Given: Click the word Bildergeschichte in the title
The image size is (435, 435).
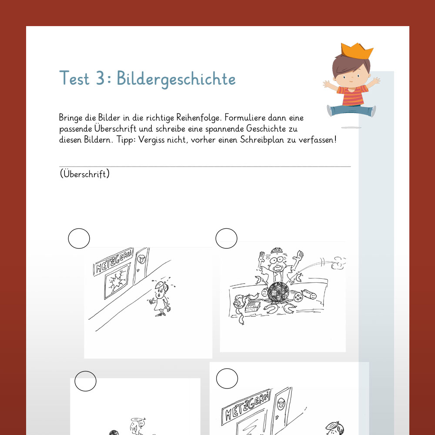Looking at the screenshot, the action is pyautogui.click(x=176, y=79).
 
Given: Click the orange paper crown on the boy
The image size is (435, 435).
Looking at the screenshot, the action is pyautogui.click(x=357, y=51).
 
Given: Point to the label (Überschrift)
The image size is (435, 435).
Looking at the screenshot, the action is pyautogui.click(x=85, y=174).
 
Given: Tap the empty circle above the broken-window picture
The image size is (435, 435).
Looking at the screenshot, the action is pyautogui.click(x=79, y=238).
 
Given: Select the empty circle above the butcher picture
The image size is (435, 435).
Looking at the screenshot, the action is pyautogui.click(x=226, y=238).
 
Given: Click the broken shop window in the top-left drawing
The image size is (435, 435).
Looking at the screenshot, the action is pyautogui.click(x=117, y=281).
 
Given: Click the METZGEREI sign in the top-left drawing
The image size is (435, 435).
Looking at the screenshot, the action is pyautogui.click(x=113, y=261).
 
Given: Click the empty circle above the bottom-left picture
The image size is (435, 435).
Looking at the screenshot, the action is pyautogui.click(x=85, y=381).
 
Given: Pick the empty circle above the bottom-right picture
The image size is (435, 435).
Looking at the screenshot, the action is pyautogui.click(x=227, y=379).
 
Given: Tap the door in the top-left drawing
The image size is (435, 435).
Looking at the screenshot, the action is pyautogui.click(x=141, y=265).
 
